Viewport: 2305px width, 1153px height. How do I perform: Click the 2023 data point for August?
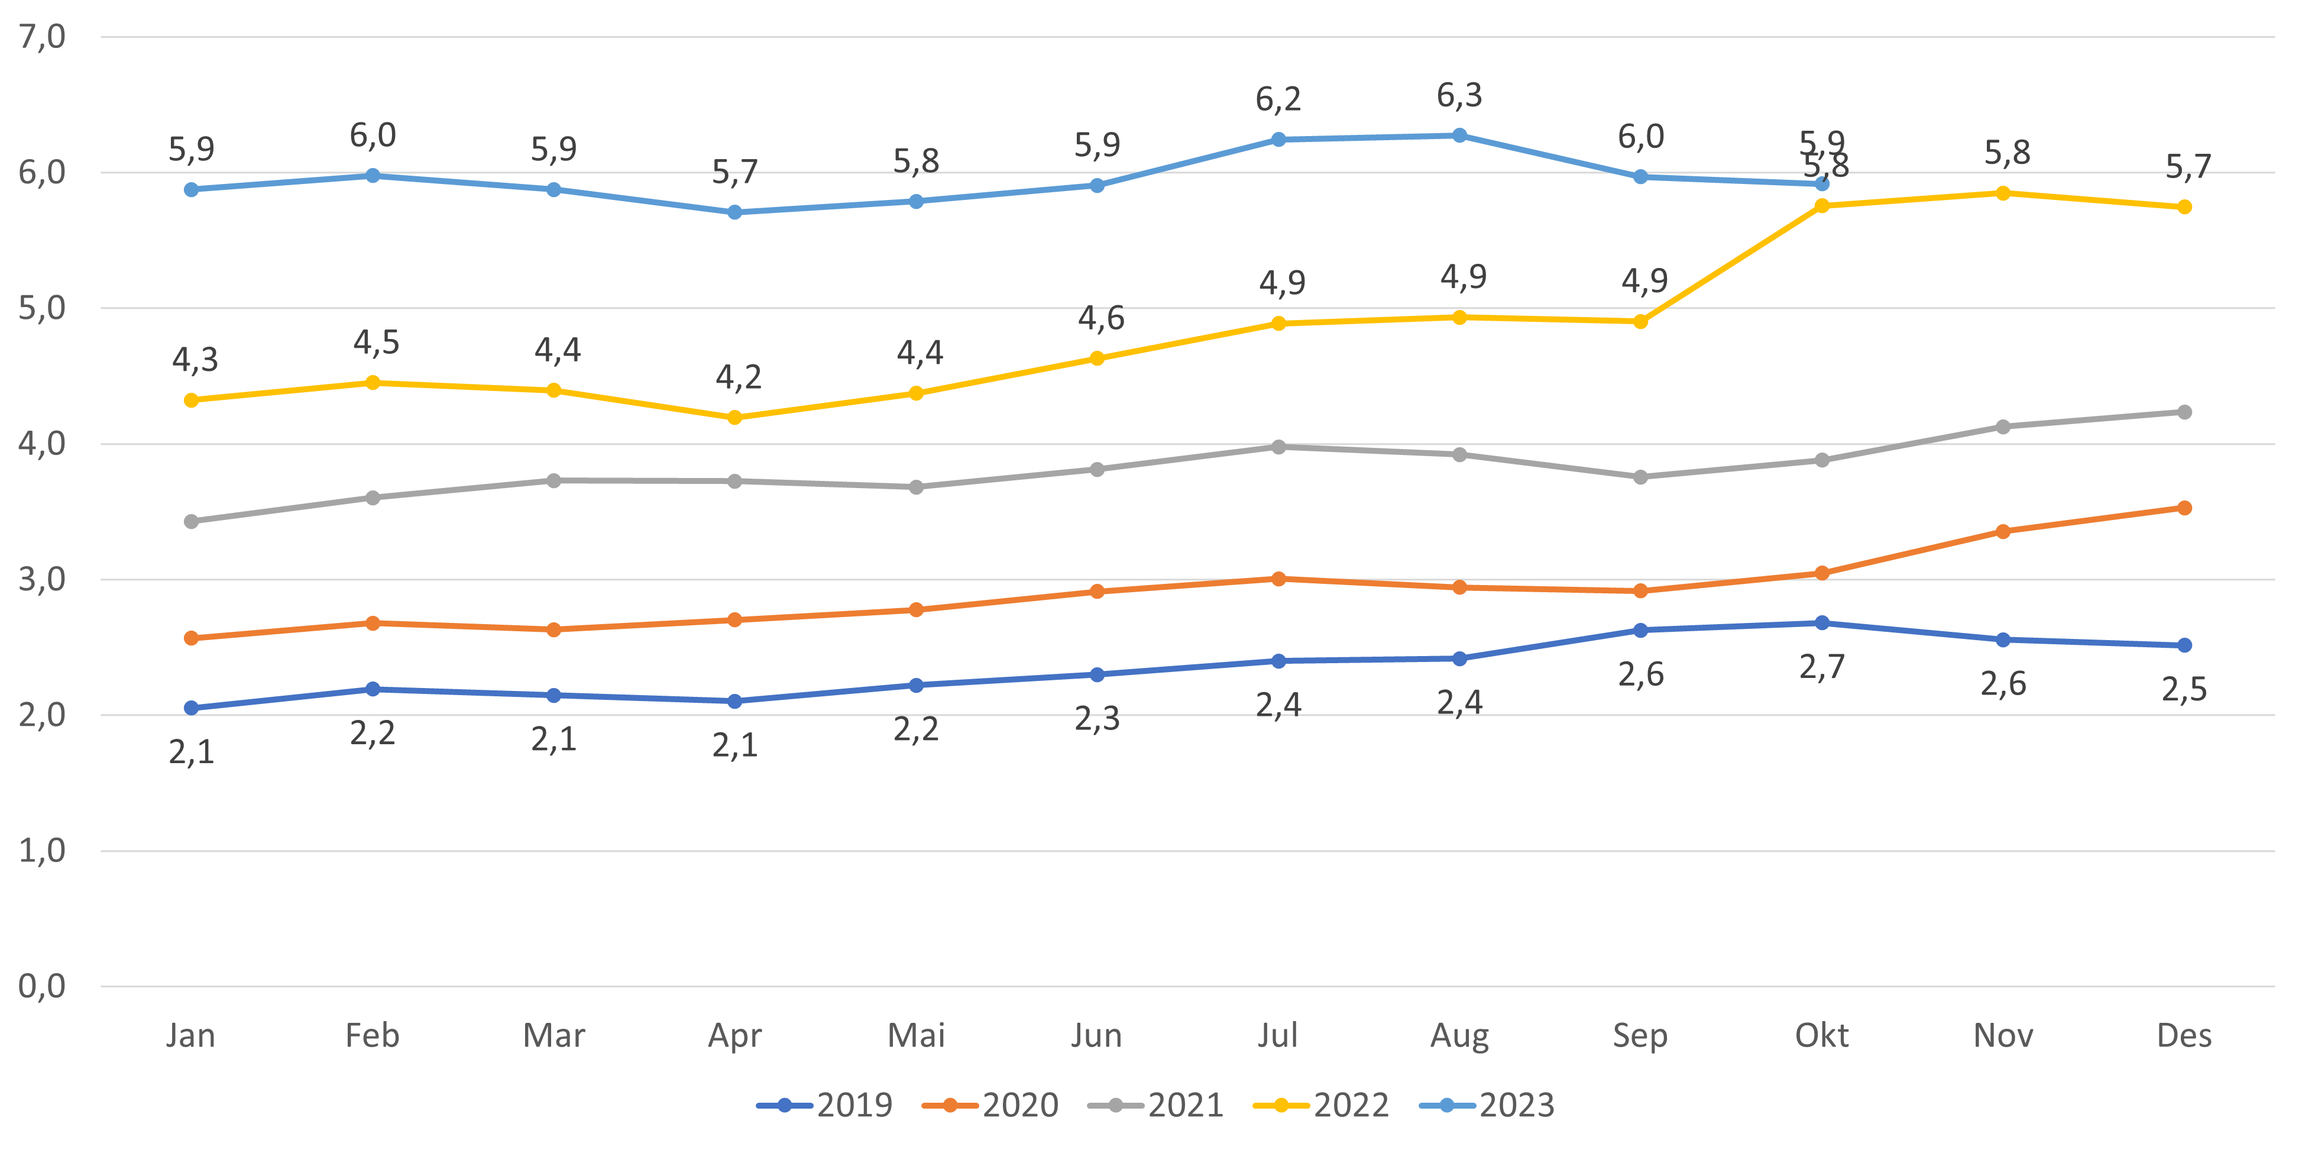[1459, 135]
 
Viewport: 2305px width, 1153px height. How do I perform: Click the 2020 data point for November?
[2003, 532]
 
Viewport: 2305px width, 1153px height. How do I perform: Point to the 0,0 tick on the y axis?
[41, 987]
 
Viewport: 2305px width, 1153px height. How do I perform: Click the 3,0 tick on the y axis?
[41, 579]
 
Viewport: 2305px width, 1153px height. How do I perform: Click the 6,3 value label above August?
[1459, 95]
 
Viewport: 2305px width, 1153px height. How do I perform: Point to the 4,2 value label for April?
[737, 377]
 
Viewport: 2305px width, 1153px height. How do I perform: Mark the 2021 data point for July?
[1278, 447]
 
